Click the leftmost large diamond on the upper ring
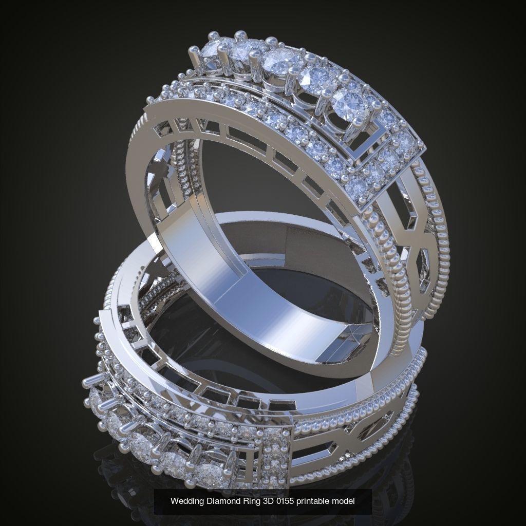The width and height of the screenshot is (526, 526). click(212, 51)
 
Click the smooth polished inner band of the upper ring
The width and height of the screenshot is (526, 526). click(205, 267)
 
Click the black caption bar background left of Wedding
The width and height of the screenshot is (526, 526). click(162, 501)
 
